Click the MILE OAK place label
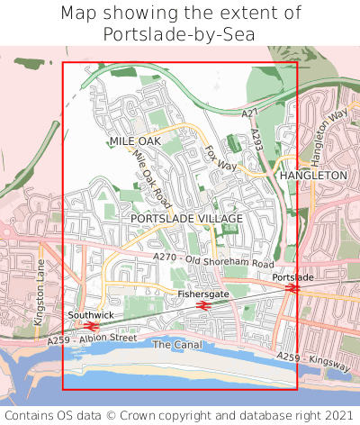(134, 142)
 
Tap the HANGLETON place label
(313, 175)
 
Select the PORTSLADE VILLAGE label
(186, 219)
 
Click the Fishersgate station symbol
(202, 305)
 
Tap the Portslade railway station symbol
(292, 289)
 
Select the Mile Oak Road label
(151, 176)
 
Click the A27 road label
(250, 112)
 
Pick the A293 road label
(256, 140)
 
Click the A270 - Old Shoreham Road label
(213, 260)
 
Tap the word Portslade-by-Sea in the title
(179, 34)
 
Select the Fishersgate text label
(202, 294)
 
